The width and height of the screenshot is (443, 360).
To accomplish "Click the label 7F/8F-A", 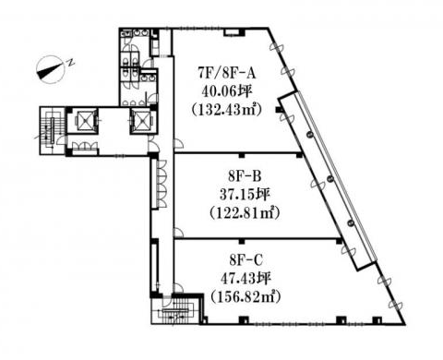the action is (x=227, y=74).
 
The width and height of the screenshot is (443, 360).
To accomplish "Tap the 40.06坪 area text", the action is (x=227, y=91).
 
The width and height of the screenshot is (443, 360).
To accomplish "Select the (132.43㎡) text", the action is (x=227, y=110).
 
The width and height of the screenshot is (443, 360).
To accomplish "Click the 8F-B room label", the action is (x=245, y=176).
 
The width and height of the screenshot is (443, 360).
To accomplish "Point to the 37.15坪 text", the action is (x=245, y=195).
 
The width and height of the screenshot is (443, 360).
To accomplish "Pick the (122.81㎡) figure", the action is (x=245, y=212).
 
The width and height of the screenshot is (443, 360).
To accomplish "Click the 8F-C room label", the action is (x=245, y=261).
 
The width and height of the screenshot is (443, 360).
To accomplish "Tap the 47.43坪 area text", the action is (x=245, y=279).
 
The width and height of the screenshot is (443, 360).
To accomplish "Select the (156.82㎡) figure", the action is (x=245, y=297).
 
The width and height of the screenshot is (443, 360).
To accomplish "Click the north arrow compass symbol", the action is (x=50, y=69).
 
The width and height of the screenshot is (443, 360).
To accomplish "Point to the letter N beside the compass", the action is (x=71, y=62).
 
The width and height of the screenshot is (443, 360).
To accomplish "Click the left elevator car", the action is (x=83, y=120).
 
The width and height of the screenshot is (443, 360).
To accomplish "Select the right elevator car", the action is (x=141, y=120).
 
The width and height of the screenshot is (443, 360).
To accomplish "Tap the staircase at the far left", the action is (x=52, y=130).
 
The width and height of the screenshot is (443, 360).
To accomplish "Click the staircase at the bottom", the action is (x=174, y=311).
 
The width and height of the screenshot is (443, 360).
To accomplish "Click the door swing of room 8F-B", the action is (x=178, y=233).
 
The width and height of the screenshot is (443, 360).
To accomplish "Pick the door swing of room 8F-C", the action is (x=178, y=288).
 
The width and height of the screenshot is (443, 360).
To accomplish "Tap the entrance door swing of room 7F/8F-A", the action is (x=179, y=145).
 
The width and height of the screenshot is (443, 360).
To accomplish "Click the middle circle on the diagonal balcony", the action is (x=330, y=178).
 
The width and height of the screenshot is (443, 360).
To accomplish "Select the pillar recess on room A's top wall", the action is (x=234, y=32).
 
